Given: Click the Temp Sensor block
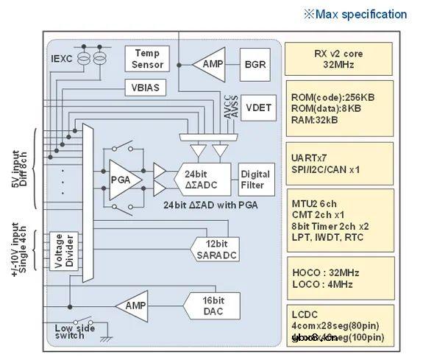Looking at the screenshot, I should [147, 59].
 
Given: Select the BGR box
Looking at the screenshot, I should [255, 64].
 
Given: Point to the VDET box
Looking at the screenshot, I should [257, 107].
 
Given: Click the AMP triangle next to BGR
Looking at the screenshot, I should [207, 64].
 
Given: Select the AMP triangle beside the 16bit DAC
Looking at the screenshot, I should [132, 306].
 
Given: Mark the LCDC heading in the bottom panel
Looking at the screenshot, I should [305, 312].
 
